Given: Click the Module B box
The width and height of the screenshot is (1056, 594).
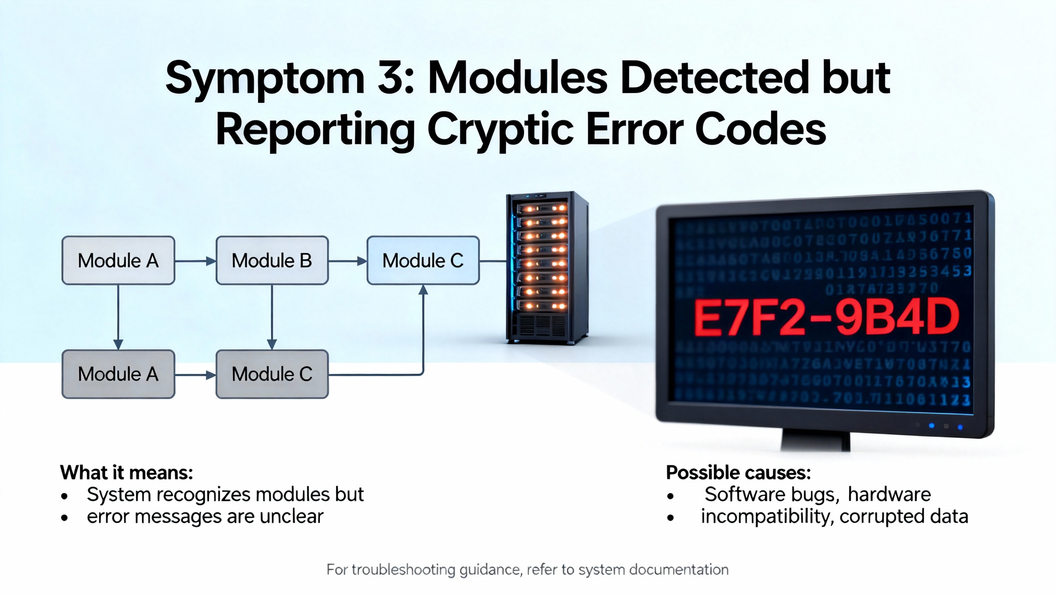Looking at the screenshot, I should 272,260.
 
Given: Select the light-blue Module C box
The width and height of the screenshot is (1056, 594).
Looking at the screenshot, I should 423,260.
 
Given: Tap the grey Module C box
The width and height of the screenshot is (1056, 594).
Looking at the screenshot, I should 272,374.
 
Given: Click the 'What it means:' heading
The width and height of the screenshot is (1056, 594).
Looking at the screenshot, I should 127,472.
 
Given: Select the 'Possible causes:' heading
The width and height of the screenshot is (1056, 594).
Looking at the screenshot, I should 738,472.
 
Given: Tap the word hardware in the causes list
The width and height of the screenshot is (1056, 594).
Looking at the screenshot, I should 889,494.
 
